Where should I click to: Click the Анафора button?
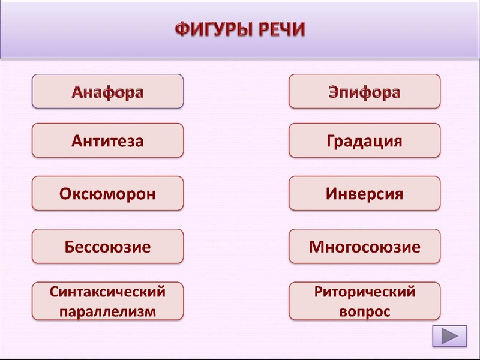[x=107, y=91]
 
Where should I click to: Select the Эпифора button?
[x=364, y=91]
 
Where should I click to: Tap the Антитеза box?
[x=107, y=141]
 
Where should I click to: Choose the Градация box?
[x=364, y=141]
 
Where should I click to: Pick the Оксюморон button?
[x=107, y=193]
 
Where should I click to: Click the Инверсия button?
[x=364, y=193]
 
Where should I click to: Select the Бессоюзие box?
[x=107, y=246]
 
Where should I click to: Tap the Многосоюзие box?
[x=364, y=246]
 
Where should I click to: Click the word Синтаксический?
[x=107, y=292]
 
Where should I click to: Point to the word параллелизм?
[x=107, y=311]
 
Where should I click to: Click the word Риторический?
[x=364, y=292]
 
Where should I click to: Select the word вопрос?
[x=364, y=312]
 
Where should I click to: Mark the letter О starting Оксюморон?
[x=66, y=194]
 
